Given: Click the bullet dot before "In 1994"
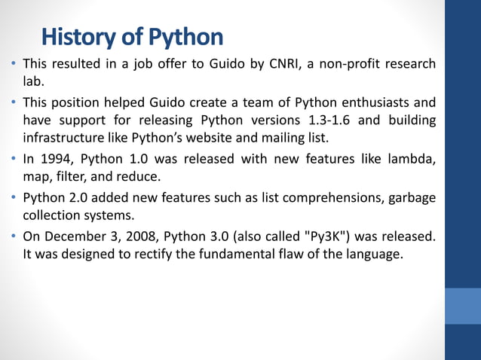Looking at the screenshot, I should [x=14, y=160].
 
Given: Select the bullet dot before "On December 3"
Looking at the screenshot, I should [x=14, y=236].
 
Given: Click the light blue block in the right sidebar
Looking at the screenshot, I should [x=462, y=305].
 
